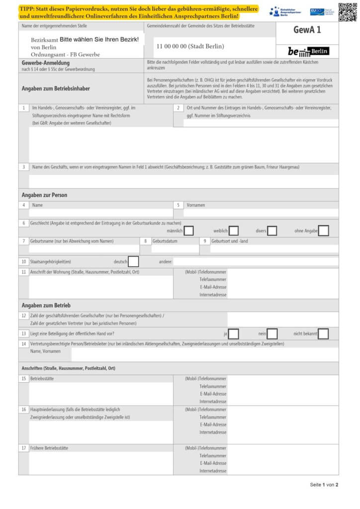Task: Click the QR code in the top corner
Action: pos(348,12)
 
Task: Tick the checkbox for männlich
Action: pos(188,231)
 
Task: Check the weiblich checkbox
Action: pos(233,231)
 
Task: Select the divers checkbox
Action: pos(272,231)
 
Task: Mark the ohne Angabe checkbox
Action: pos(323,231)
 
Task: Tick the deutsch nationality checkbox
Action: pos(133,261)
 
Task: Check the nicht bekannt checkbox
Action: pos(323,334)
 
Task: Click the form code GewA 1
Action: pos(307,30)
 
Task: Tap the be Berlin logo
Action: pos(308,51)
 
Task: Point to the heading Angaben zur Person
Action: pos(44,195)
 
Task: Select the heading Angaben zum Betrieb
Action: pos(46,305)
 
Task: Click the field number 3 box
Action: pos(23,167)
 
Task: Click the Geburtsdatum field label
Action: pos(168,241)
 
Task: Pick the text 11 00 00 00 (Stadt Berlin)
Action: pos(190,46)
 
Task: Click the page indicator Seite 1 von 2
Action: pos(324,485)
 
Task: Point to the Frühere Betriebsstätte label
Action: pos(49,448)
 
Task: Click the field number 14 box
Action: pos(23,343)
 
